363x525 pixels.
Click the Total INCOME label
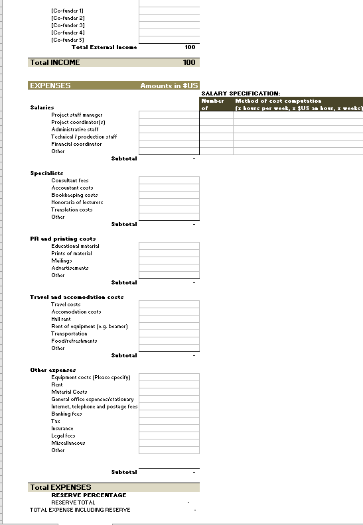[x=55, y=62]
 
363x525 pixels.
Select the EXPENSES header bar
[x=50, y=86]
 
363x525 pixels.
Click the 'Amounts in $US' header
[x=169, y=86]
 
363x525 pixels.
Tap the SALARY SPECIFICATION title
[x=240, y=93]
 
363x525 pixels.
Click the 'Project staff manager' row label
[x=77, y=115]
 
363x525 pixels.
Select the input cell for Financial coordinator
[x=169, y=144]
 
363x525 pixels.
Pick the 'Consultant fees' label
[x=70, y=180]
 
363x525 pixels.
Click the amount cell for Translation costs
[x=169, y=209]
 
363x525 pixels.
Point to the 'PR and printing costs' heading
[x=63, y=239]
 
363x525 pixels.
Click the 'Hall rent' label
[x=61, y=319]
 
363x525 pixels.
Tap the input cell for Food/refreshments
[x=169, y=341]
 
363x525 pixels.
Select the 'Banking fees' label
[x=67, y=414]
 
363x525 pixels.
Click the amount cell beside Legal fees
[x=169, y=436]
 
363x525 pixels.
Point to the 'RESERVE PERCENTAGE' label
[x=89, y=495]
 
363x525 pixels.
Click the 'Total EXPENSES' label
[x=61, y=487]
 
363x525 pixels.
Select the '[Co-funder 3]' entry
[x=67, y=25]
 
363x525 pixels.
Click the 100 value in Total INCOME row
[x=189, y=62]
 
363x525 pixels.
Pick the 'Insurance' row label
[x=62, y=428]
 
